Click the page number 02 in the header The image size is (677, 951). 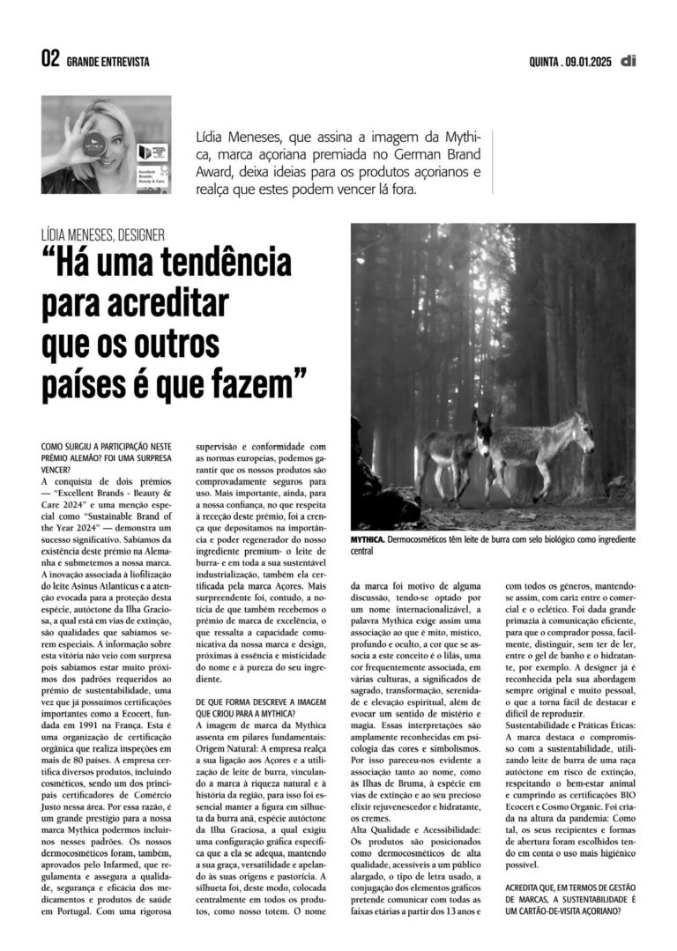click(50, 61)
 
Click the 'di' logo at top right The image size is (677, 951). click(628, 61)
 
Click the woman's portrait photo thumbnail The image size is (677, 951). click(106, 145)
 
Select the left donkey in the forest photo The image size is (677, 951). click(451, 457)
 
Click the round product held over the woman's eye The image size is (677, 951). click(95, 144)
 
